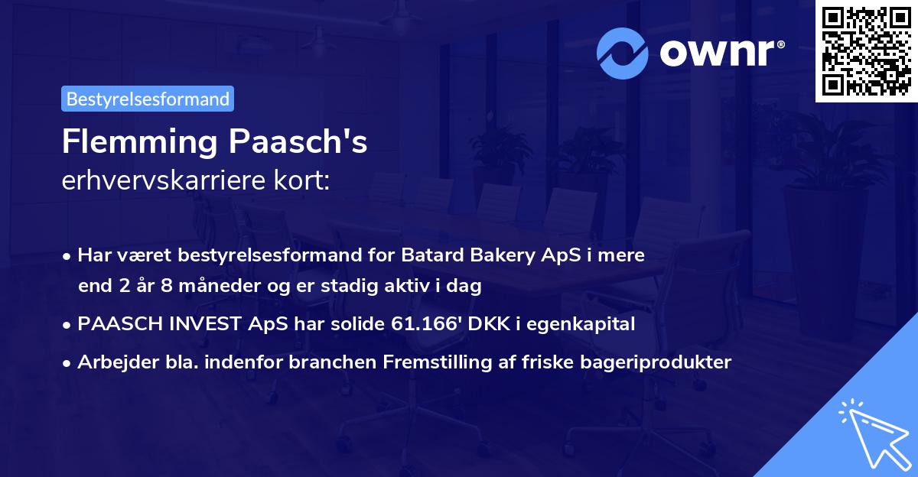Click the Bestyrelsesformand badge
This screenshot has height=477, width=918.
(148, 99)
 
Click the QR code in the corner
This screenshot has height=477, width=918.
(866, 51)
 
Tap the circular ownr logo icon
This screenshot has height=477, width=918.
(623, 54)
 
